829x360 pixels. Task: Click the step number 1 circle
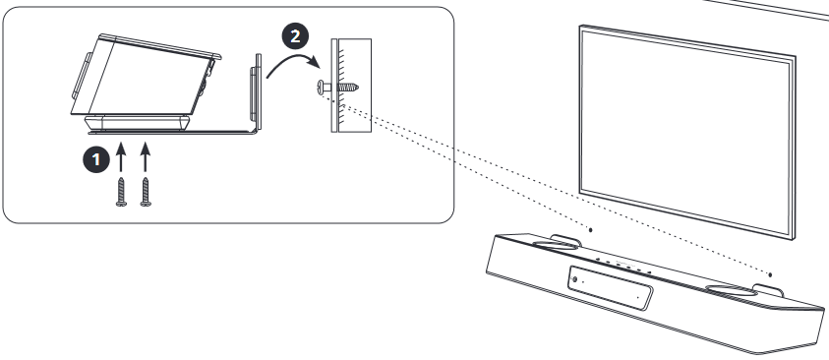click(95, 159)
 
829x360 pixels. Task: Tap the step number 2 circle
click(295, 36)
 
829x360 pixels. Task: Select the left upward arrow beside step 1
click(121, 156)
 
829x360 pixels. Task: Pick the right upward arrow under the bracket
click(146, 156)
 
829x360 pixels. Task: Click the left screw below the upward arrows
click(121, 192)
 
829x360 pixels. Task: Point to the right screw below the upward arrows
click(146, 192)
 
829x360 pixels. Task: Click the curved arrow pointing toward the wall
click(292, 62)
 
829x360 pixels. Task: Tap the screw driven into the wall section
click(338, 87)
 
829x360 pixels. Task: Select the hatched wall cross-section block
click(353, 86)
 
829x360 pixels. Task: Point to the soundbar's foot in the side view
click(137, 124)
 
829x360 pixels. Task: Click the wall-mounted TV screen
click(687, 132)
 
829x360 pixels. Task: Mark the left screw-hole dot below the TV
click(591, 229)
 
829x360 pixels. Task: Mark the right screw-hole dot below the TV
click(770, 274)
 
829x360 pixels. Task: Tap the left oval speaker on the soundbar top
click(555, 245)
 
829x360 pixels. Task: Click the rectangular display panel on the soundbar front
click(610, 288)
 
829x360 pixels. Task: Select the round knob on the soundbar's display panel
click(574, 279)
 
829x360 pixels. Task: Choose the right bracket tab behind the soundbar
click(768, 290)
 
